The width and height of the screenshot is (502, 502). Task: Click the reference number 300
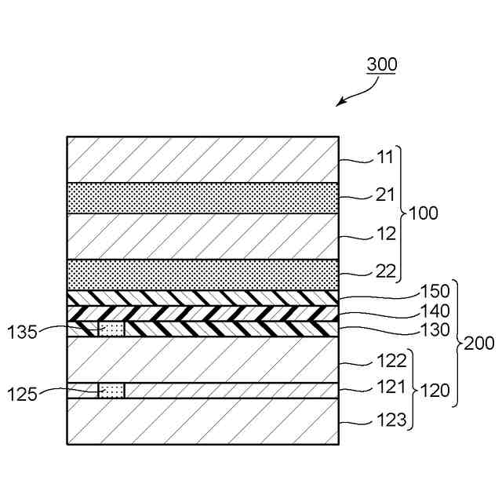pos(382,65)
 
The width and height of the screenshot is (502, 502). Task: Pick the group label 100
pos(424,213)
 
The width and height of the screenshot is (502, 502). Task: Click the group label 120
pos(435,390)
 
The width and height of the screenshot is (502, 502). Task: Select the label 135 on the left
pos(22,332)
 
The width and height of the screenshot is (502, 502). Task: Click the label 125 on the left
pos(22,394)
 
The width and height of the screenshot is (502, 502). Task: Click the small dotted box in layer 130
pos(111,329)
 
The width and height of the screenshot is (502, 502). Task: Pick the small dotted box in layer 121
pos(111,391)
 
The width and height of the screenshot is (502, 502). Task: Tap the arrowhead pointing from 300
pos(339,104)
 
